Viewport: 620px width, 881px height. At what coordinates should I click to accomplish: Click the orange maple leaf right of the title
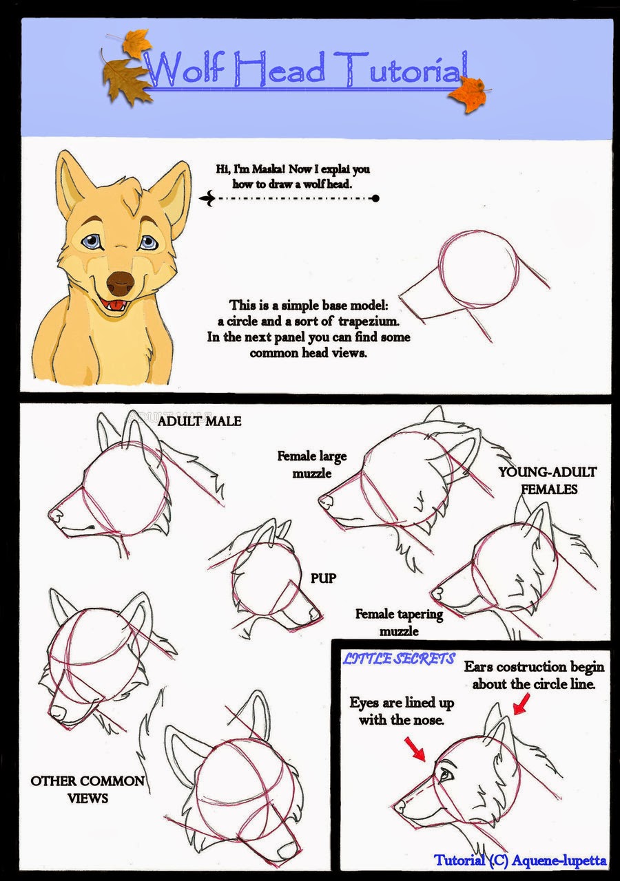coord(469,94)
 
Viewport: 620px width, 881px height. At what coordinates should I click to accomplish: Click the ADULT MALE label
coord(199,421)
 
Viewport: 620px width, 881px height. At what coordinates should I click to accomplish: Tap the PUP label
coord(323,577)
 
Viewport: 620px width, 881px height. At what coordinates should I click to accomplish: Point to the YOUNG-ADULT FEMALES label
coord(548,480)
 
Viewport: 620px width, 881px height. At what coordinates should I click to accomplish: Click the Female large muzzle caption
coord(312,464)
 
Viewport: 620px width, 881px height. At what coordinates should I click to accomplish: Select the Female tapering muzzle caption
coord(399,622)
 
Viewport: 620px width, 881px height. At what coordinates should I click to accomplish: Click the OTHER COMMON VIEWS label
coord(87,789)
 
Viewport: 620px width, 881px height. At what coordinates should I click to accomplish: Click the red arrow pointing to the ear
coord(521,703)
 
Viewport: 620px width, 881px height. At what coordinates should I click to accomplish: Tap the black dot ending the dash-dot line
coord(375,198)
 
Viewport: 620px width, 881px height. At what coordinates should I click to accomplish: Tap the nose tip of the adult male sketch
coord(54,514)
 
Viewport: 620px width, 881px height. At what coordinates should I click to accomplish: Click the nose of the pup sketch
coord(316,613)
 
